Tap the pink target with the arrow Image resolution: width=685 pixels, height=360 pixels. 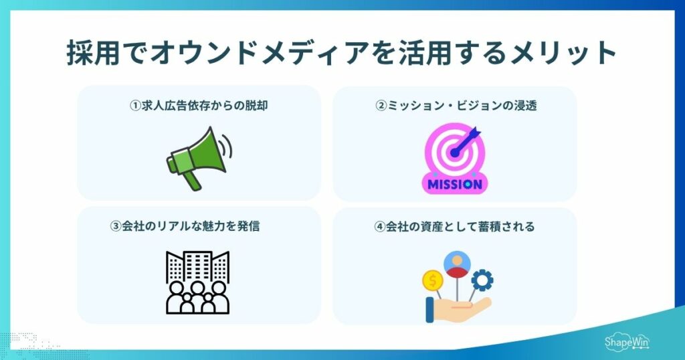pyautogui.click(x=454, y=151)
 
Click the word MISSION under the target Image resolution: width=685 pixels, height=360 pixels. pyautogui.click(x=455, y=183)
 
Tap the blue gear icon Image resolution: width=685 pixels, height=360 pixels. pyautogui.click(x=481, y=279)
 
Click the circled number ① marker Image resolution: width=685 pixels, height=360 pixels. pyautogui.click(x=134, y=106)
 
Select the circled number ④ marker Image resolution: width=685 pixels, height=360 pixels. pyautogui.click(x=379, y=226)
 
